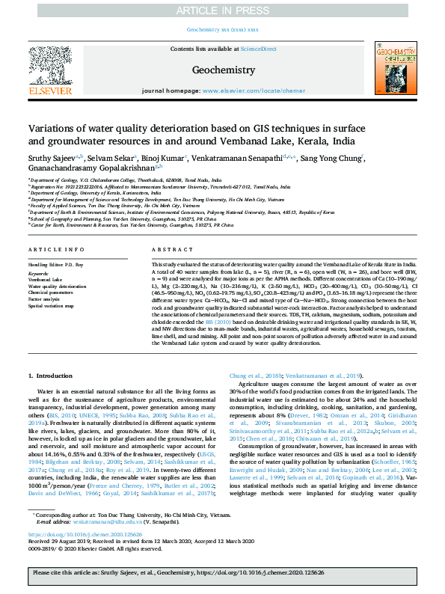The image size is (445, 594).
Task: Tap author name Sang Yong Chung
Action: [332, 158]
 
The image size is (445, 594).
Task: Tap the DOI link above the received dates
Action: [80, 556]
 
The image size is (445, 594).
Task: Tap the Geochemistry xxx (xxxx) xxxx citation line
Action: [222, 29]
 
